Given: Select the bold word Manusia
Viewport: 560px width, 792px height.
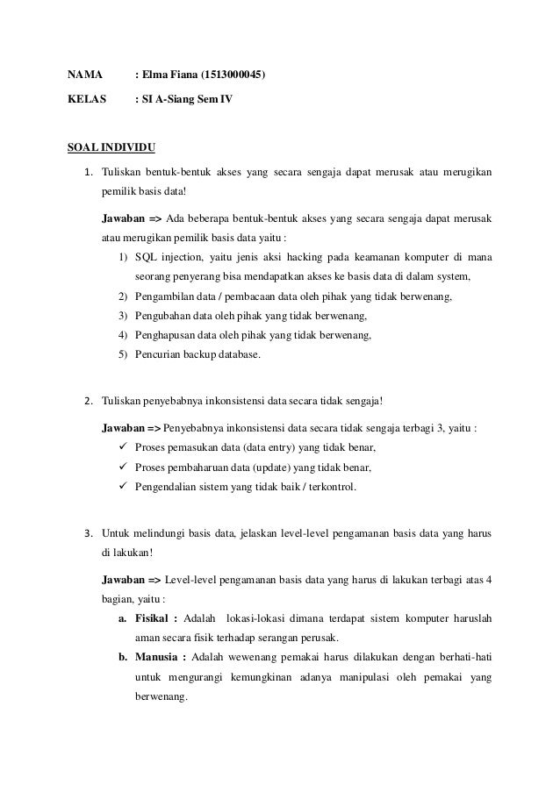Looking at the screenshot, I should (x=160, y=658).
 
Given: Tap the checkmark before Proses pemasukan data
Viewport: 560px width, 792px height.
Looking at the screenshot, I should (x=122, y=447).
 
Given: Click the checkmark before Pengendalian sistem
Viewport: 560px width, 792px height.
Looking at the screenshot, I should (x=122, y=485).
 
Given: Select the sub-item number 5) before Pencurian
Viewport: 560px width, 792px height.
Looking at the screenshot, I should (x=123, y=354).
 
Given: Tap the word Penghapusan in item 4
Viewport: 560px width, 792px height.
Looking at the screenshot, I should (x=167, y=335).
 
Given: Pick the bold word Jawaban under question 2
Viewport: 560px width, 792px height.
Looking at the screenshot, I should (x=126, y=429).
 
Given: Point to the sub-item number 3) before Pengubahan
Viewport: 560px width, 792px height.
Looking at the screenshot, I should (x=123, y=316).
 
